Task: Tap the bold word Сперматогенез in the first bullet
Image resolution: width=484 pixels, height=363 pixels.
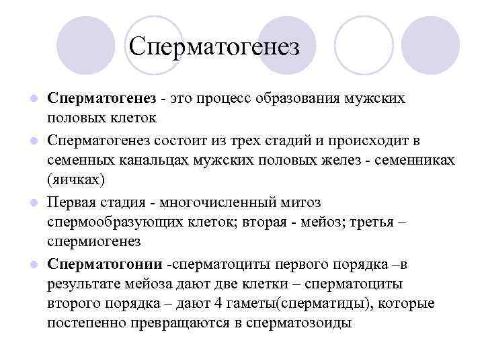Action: [x=101, y=98]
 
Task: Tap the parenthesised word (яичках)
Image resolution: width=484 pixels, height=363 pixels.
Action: [x=76, y=180]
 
